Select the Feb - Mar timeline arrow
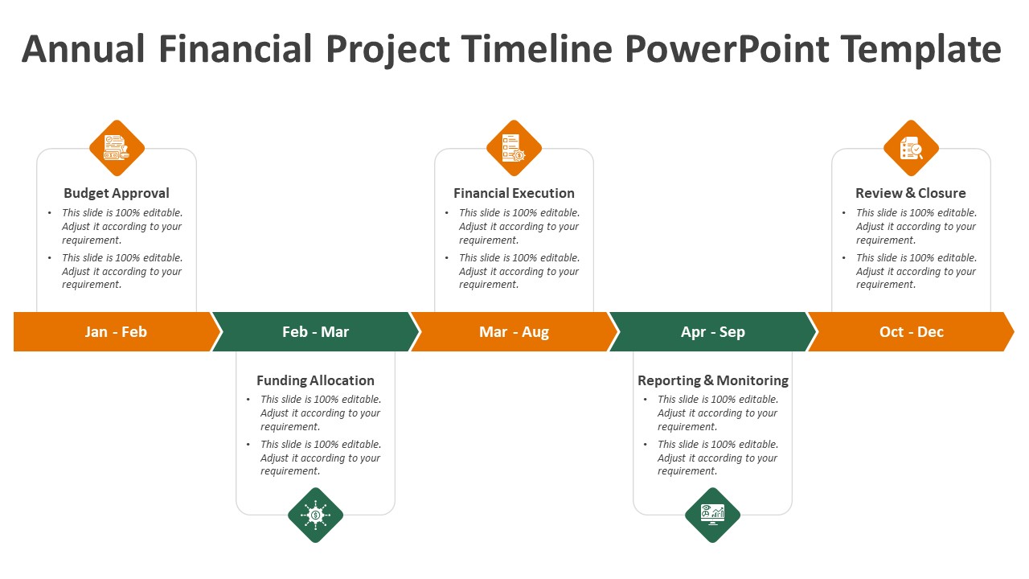tap(316, 332)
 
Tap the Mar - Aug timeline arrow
tap(514, 332)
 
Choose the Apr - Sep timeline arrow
tap(713, 332)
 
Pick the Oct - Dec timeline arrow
tap(912, 332)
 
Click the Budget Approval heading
tap(117, 194)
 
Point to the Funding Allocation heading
tap(315, 380)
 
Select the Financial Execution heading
tap(514, 194)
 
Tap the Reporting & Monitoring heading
tap(713, 380)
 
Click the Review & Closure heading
tap(911, 194)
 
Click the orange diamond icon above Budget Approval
tap(117, 148)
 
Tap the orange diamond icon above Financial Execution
tap(514, 148)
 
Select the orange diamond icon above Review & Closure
tap(911, 148)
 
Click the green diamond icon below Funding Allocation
tap(316, 515)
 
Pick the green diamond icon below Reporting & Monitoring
tap(712, 515)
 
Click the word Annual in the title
tap(83, 49)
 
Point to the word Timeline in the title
tap(536, 49)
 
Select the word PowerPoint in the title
tap(728, 49)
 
